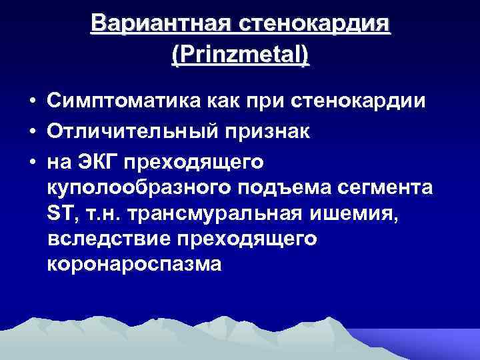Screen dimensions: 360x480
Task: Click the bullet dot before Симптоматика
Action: click(32, 101)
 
